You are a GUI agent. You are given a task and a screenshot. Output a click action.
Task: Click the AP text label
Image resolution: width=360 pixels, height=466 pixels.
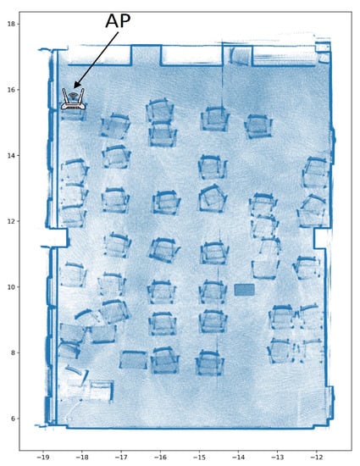pyautogui.click(x=118, y=21)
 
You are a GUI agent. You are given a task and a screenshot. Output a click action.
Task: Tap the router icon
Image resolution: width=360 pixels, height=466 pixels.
pyautogui.click(x=73, y=99)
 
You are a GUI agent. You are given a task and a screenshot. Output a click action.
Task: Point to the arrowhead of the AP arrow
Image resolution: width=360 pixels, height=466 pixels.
pyautogui.click(x=75, y=86)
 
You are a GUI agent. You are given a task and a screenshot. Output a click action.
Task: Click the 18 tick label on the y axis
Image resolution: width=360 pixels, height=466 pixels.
pyautogui.click(x=11, y=24)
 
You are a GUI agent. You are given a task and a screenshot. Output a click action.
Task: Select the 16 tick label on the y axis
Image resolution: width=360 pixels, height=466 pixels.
pyautogui.click(x=11, y=90)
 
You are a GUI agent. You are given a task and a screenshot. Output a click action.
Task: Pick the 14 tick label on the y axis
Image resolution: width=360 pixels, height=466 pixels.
pyautogui.click(x=11, y=155)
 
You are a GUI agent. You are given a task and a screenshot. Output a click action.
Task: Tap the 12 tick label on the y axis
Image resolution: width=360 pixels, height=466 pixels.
pyautogui.click(x=11, y=221)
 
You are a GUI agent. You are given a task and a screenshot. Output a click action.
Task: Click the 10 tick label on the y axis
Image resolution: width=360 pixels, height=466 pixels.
pyautogui.click(x=11, y=286)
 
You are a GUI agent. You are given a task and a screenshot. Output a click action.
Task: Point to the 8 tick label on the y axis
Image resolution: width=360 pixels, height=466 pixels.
pyautogui.click(x=13, y=352)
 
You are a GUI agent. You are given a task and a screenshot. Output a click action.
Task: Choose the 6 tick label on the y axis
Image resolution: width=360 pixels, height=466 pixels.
pyautogui.click(x=13, y=419)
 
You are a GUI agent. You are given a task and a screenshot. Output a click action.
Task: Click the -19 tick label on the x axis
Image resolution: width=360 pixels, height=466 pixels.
pyautogui.click(x=42, y=457)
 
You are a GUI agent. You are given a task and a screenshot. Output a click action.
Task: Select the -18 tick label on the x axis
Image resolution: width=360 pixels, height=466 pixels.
pyautogui.click(x=81, y=457)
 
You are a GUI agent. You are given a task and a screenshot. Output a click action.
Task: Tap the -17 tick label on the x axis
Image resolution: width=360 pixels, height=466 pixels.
pyautogui.click(x=121, y=457)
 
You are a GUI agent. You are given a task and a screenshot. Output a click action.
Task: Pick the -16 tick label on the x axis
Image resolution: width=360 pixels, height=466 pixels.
pyautogui.click(x=160, y=457)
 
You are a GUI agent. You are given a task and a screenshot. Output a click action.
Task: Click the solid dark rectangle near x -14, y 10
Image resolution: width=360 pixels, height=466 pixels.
pyautogui.click(x=245, y=290)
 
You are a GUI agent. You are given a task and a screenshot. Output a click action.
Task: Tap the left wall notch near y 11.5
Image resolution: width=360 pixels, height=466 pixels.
pyautogui.click(x=58, y=237)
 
